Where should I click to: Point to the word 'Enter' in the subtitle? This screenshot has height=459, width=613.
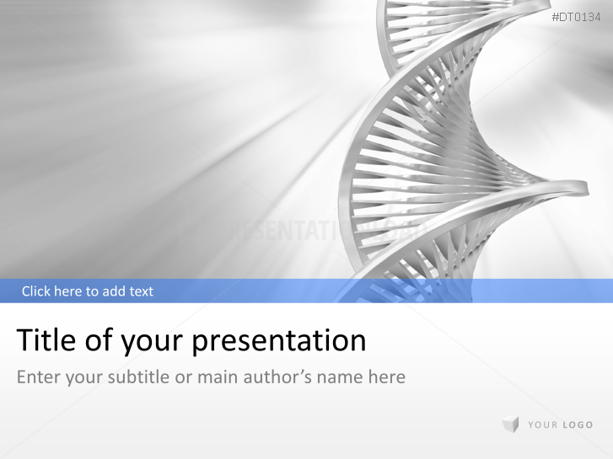(x=38, y=376)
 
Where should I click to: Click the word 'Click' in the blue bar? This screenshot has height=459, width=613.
(x=36, y=291)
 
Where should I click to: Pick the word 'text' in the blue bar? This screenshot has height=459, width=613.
(x=141, y=291)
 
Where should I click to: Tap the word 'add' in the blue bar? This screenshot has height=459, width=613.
(x=115, y=291)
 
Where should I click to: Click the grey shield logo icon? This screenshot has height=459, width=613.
(x=510, y=424)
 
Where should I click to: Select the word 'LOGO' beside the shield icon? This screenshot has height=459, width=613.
(x=578, y=425)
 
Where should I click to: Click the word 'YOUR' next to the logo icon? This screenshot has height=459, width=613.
(x=543, y=425)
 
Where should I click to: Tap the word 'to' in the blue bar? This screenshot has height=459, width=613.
(x=93, y=291)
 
